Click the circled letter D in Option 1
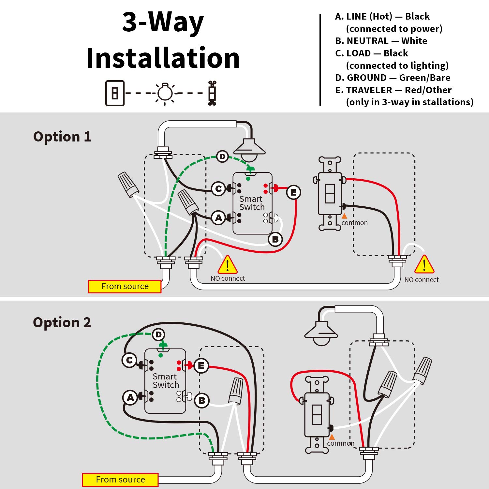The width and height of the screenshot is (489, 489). [222, 157]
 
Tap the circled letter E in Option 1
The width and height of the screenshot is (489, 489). [293, 193]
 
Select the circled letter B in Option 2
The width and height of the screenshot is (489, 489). [201, 400]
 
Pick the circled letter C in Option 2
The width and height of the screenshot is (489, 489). [129, 361]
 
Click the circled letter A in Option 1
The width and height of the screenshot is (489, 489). [218, 218]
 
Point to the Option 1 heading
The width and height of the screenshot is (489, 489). [62, 137]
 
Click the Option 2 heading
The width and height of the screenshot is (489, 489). [62, 322]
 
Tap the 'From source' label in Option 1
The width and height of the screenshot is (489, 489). [125, 287]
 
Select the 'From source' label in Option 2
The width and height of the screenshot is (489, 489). [120, 480]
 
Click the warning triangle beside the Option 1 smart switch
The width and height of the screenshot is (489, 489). [228, 265]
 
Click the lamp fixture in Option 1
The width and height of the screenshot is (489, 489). [249, 150]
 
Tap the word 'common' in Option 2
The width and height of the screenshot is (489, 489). [341, 443]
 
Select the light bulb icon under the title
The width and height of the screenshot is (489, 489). [165, 93]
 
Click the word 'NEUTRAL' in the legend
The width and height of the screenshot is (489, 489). [367, 41]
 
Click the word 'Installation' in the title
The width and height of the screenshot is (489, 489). [163, 58]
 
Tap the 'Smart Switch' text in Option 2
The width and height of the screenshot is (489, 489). [166, 381]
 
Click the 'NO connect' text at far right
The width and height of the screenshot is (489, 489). [422, 280]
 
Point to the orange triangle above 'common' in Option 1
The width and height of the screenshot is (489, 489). [344, 216]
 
